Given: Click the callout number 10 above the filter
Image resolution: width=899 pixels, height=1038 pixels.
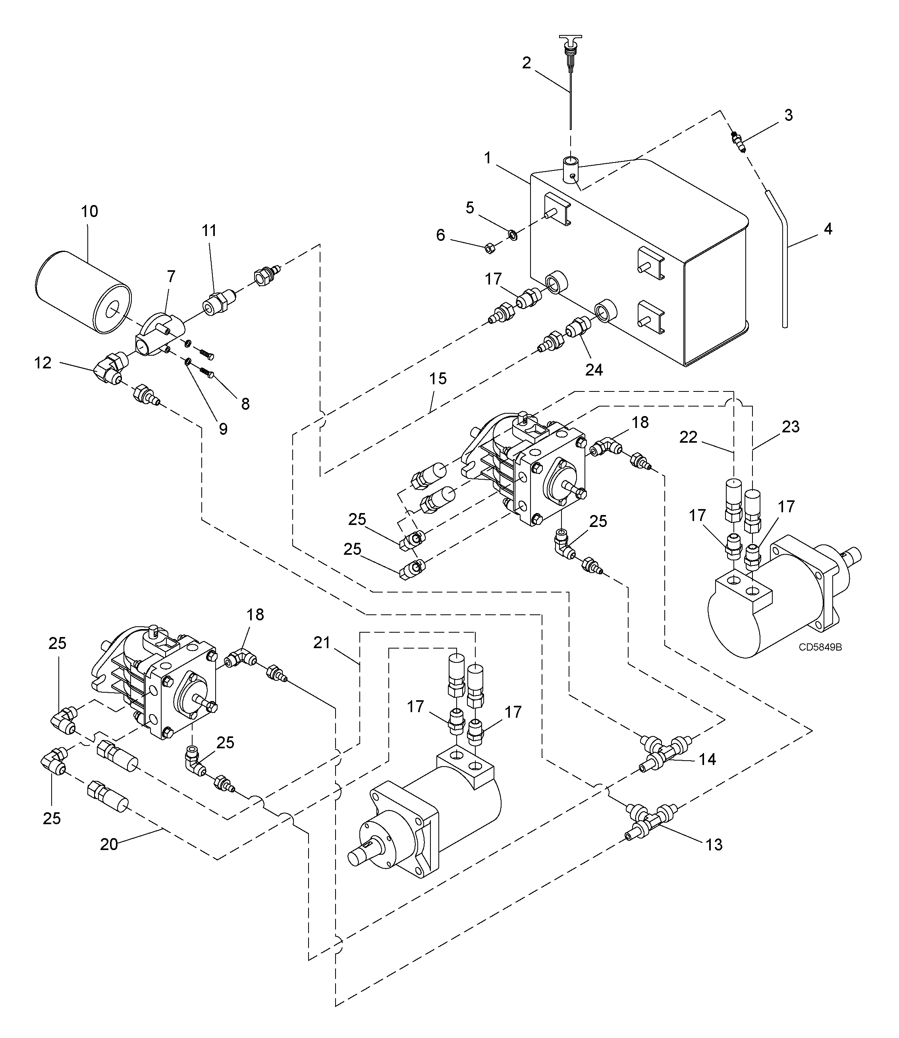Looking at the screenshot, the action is (90, 211).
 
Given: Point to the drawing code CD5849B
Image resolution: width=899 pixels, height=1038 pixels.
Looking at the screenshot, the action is (820, 647).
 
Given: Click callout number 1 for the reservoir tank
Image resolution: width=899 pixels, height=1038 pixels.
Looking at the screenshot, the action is (487, 158).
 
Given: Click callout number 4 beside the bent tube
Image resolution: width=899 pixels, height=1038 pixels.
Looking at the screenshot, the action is (828, 229).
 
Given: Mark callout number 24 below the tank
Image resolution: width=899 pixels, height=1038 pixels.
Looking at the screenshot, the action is (594, 370).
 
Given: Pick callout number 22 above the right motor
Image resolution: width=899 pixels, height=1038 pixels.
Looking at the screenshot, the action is (688, 437).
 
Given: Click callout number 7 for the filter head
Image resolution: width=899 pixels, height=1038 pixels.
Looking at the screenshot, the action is (171, 276).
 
